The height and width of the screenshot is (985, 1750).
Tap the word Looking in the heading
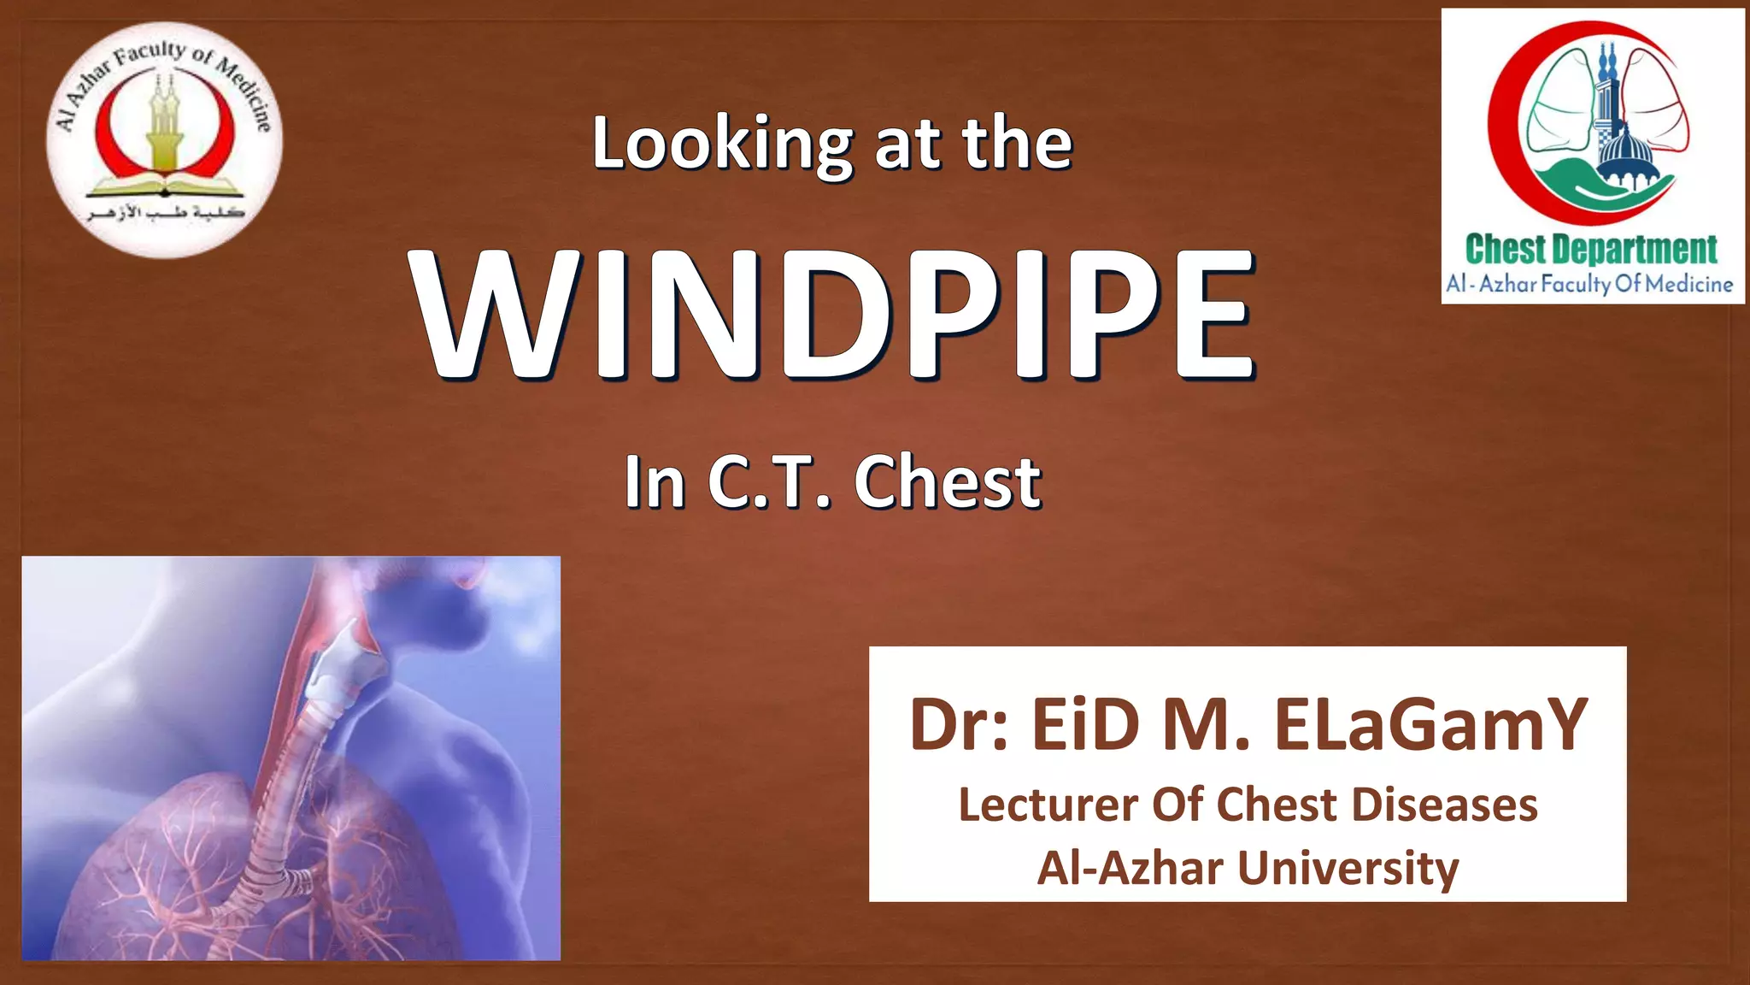(723, 145)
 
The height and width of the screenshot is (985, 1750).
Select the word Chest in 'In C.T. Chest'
(948, 482)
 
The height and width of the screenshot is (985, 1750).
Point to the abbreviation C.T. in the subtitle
(769, 482)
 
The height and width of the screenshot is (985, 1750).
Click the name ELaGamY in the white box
(1431, 725)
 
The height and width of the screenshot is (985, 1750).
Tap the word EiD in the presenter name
(1085, 725)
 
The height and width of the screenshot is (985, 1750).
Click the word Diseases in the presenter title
(1444, 805)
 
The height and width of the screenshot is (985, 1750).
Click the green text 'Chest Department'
(1591, 250)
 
